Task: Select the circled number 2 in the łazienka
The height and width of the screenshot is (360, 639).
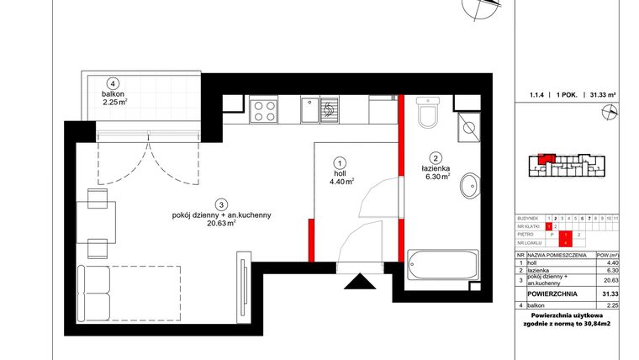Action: click(x=436, y=156)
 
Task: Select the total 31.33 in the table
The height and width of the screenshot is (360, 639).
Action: click(x=611, y=293)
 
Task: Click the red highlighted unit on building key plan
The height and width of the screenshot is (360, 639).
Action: click(x=544, y=157)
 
